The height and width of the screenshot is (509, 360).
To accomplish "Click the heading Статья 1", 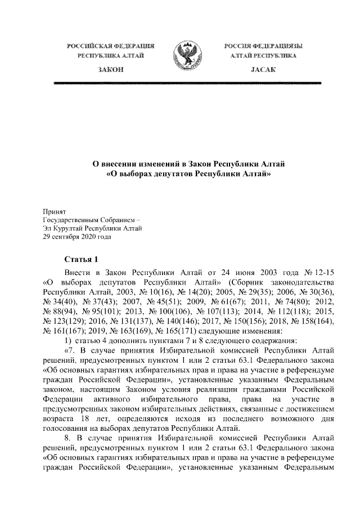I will click(x=82, y=259).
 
